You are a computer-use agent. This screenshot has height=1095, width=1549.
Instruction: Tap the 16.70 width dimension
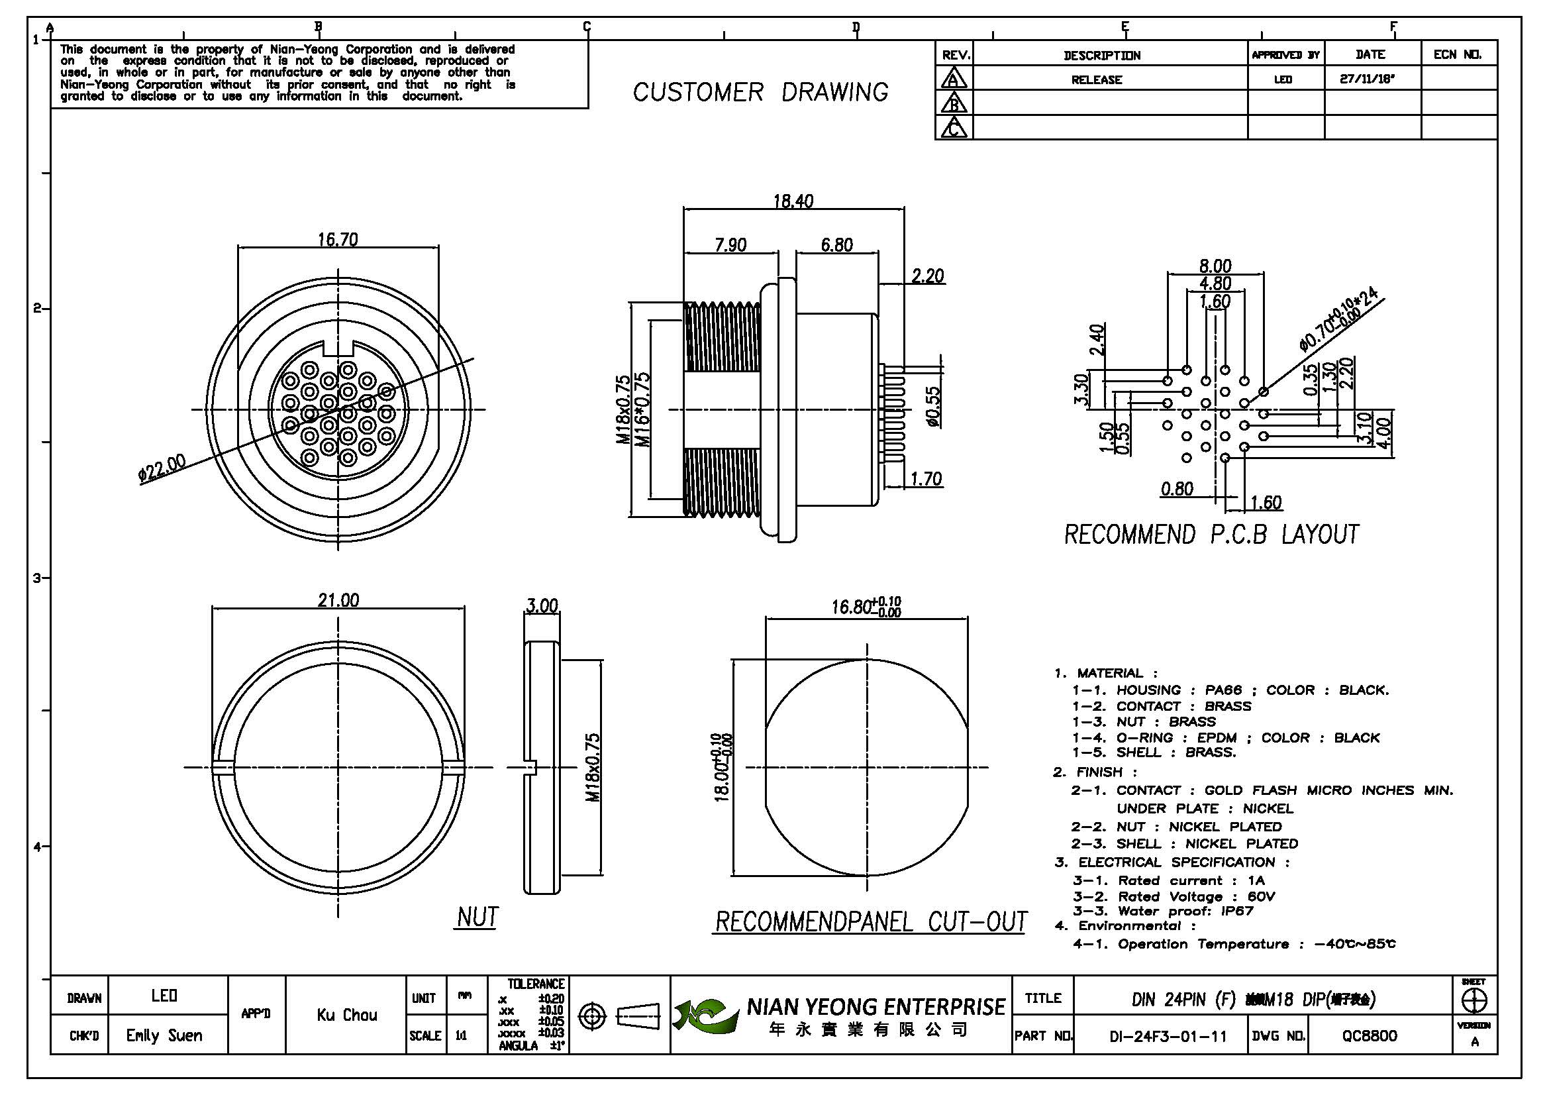click(x=338, y=240)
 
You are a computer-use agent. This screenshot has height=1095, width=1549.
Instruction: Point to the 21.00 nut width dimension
click(x=338, y=600)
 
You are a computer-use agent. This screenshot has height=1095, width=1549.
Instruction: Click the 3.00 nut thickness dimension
click(x=542, y=605)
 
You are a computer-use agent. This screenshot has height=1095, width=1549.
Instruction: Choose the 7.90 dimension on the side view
click(x=730, y=244)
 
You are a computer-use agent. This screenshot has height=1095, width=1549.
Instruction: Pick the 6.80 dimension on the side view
click(x=836, y=244)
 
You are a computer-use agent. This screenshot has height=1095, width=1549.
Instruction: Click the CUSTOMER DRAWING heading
click(x=760, y=93)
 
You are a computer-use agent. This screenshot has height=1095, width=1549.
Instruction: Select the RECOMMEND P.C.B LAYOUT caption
click(x=1211, y=535)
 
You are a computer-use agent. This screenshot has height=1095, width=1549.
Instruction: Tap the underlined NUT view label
click(x=477, y=917)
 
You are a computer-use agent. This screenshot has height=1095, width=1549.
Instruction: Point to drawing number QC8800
click(x=1370, y=1035)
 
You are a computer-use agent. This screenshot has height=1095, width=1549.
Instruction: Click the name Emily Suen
click(x=164, y=1035)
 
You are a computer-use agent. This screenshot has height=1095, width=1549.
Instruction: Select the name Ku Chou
click(x=347, y=1015)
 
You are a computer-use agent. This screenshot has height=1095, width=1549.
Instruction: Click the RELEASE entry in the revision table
click(x=1096, y=79)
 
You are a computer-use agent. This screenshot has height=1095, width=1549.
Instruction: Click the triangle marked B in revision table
click(x=953, y=103)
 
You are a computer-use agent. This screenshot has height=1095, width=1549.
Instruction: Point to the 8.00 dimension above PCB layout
click(x=1215, y=266)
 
